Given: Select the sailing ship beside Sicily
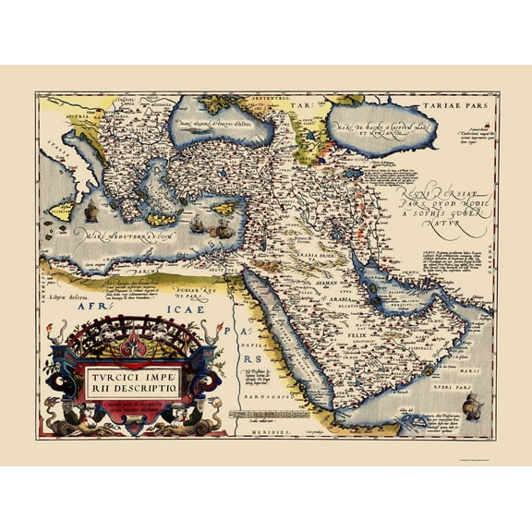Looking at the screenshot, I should [91, 212].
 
